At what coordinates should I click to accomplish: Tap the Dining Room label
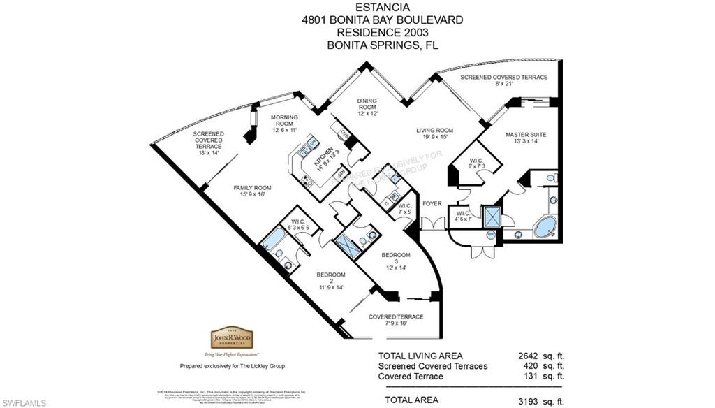(x=367, y=107)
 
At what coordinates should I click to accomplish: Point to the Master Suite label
(x=526, y=138)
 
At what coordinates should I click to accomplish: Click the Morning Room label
(x=285, y=122)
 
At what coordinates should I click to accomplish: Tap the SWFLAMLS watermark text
(x=24, y=402)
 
